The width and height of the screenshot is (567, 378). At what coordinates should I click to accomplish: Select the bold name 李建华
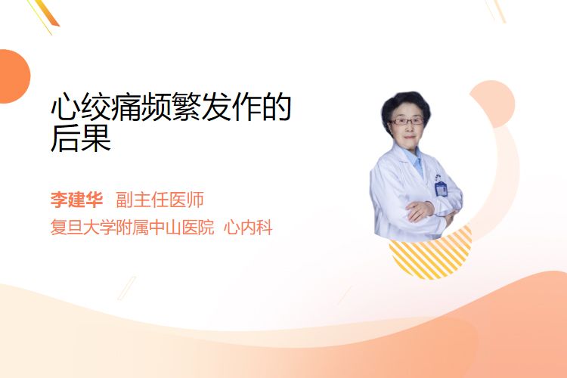(x=76, y=200)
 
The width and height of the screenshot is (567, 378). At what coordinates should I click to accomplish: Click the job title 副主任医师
(x=160, y=200)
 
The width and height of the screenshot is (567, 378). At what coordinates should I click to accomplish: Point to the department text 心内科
(x=248, y=228)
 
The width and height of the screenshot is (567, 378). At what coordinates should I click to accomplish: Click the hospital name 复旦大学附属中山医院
(x=132, y=228)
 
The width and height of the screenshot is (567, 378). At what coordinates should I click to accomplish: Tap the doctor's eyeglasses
(x=406, y=121)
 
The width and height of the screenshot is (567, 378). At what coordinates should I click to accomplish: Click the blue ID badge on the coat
(x=441, y=189)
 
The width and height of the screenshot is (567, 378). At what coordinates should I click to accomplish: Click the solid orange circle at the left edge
(x=14, y=76)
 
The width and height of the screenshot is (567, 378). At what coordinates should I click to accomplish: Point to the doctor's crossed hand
(x=420, y=211)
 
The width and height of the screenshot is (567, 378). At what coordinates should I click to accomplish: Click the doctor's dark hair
(x=405, y=104)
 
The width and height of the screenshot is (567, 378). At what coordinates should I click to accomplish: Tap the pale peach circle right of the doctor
(x=492, y=104)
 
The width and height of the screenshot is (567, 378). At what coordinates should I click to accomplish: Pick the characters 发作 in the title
(x=231, y=107)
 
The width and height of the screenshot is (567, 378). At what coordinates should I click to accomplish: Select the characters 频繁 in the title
(x=171, y=107)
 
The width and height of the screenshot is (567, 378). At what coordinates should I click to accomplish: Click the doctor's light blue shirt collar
(x=415, y=160)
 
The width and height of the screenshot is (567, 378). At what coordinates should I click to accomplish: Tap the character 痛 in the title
(x=125, y=107)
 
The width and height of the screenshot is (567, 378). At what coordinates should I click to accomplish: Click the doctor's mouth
(x=409, y=137)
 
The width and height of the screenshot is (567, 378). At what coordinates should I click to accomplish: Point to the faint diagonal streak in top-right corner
(x=496, y=11)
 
